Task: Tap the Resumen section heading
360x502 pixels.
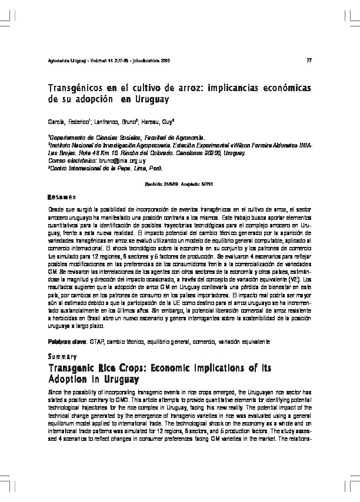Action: [x=61, y=196]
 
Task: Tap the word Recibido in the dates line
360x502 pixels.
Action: [x=154, y=184]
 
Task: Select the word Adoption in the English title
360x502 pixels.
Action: [x=69, y=379]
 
